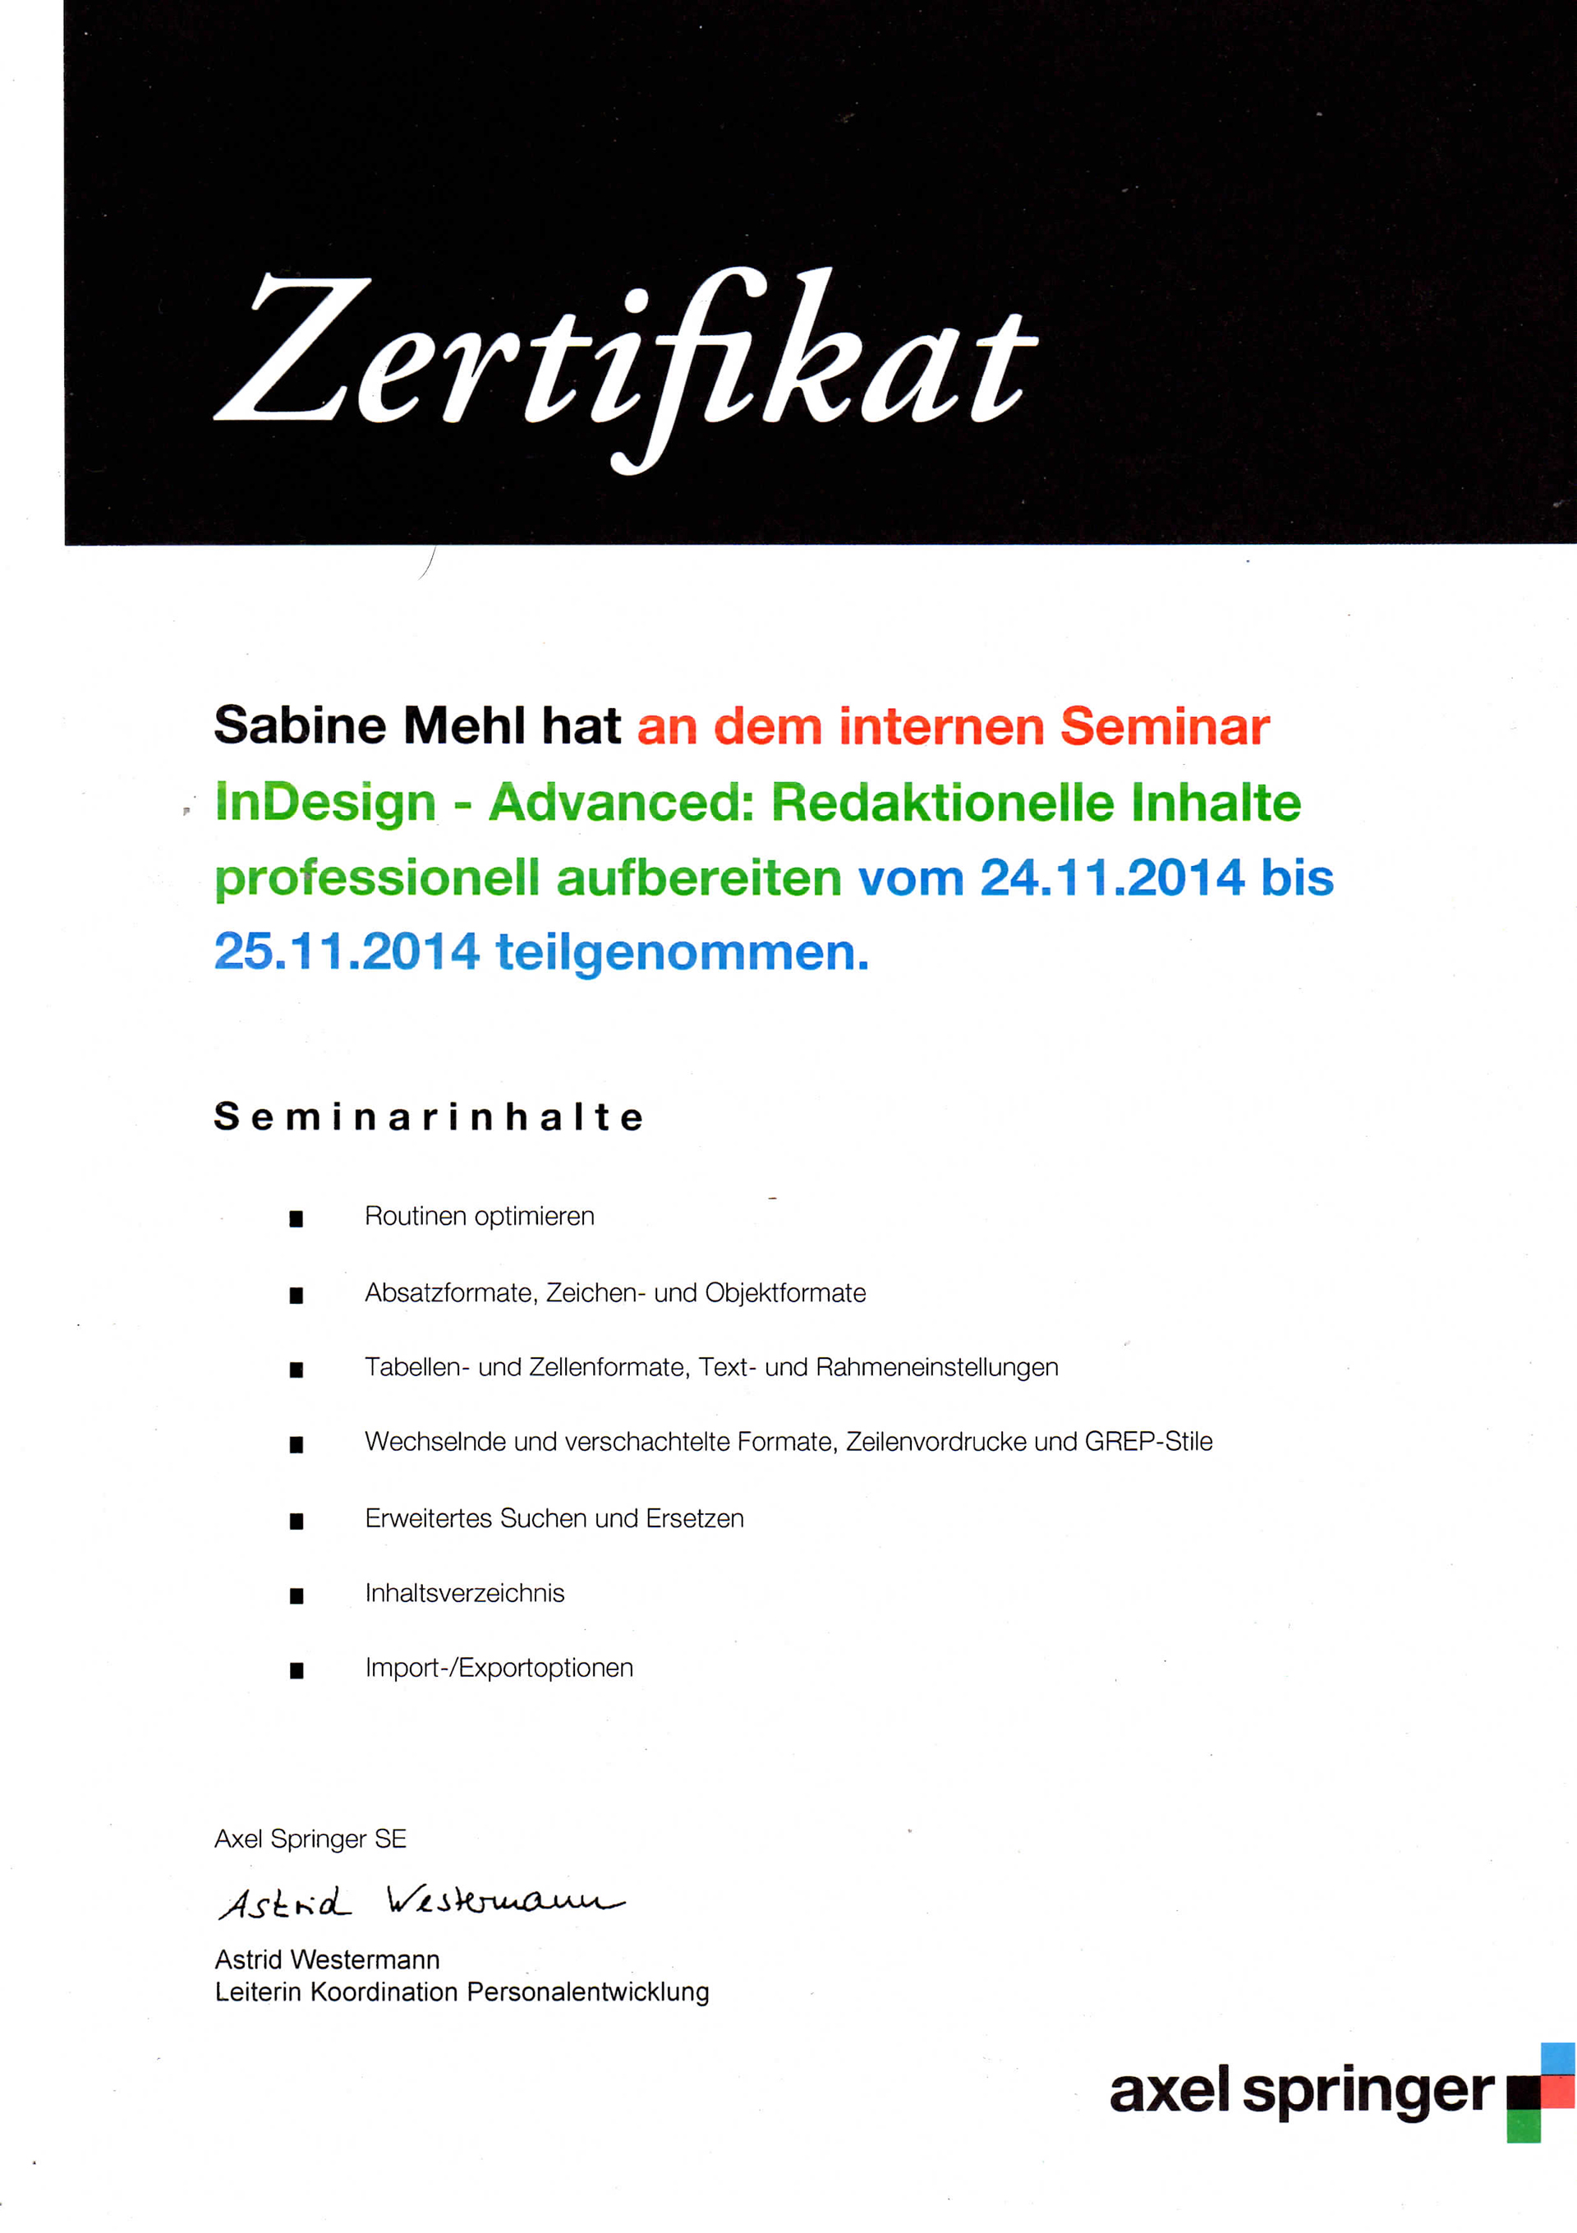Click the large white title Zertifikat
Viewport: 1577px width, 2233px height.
tap(624, 360)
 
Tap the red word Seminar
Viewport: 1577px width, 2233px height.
tap(1164, 726)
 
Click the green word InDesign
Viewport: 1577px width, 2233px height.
tap(324, 803)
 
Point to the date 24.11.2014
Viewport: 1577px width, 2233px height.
tap(1111, 877)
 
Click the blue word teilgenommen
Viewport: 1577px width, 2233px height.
tap(682, 952)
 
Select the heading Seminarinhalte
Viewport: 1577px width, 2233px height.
tap(428, 1116)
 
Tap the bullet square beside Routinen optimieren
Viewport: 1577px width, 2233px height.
tap(297, 1218)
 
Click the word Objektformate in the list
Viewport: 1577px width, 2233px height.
tap(784, 1293)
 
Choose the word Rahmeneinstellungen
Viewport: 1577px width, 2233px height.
tap(936, 1367)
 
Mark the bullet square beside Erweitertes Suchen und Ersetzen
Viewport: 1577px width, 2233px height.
tap(297, 1521)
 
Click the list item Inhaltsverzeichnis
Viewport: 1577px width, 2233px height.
tap(464, 1593)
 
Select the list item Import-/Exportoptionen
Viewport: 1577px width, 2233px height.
tap(499, 1668)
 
